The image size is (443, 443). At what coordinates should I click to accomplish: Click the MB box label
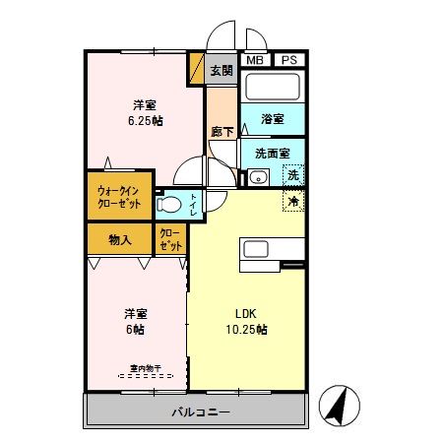(x=255, y=61)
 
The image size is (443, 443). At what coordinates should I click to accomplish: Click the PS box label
(x=288, y=61)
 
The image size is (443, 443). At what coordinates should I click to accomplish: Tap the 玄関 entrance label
(x=221, y=70)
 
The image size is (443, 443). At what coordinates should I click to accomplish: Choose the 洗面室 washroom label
(x=272, y=154)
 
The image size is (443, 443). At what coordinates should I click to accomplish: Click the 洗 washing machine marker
(x=292, y=175)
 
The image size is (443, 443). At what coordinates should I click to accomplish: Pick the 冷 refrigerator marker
(x=292, y=201)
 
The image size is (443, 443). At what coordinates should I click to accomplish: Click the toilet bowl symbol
(x=171, y=205)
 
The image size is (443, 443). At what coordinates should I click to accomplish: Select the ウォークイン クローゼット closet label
(x=118, y=196)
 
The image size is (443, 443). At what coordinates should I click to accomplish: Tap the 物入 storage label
(x=120, y=239)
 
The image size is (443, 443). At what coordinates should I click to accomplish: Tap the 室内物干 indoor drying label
(x=139, y=371)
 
